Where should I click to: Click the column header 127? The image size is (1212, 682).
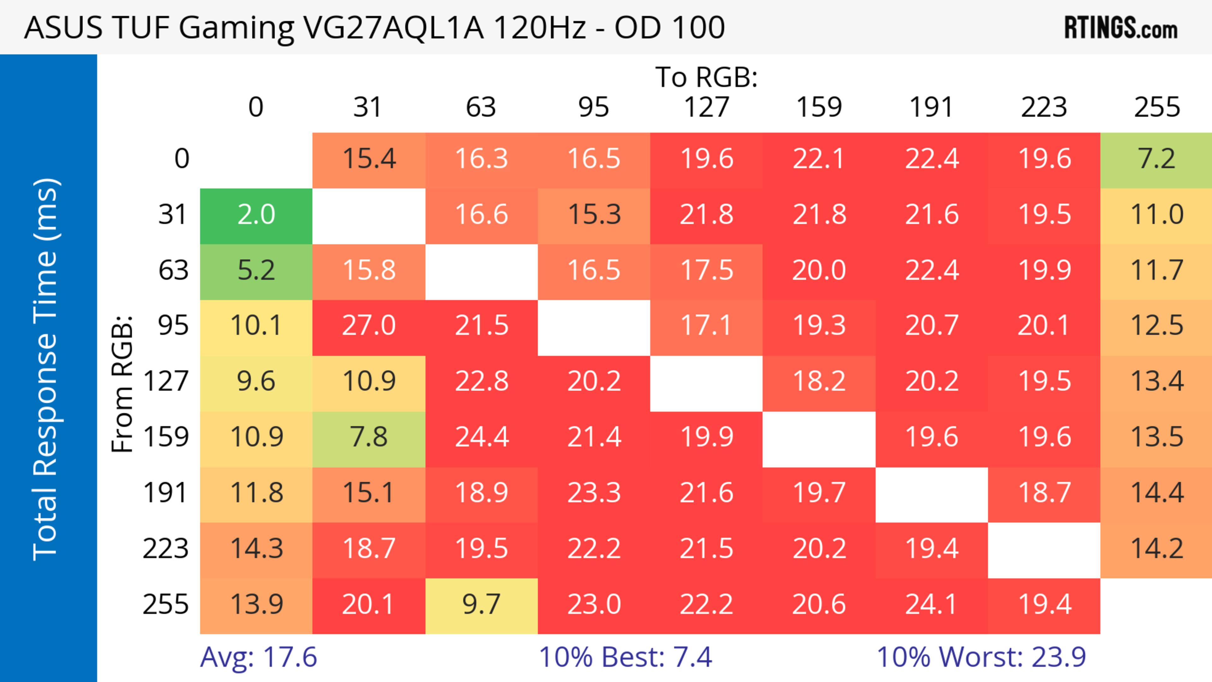pyautogui.click(x=706, y=107)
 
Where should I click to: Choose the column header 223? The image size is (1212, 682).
pyautogui.click(x=1043, y=107)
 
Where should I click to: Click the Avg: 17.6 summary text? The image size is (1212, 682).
pyautogui.click(x=258, y=657)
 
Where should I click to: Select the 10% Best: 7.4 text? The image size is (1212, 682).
pyautogui.click(x=625, y=657)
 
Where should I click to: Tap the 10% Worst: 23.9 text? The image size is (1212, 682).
pyautogui.click(x=981, y=657)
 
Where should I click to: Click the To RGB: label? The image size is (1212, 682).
pyautogui.click(x=706, y=77)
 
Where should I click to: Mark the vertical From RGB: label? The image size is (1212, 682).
pyautogui.click(x=122, y=383)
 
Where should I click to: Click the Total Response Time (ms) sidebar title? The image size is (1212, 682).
pyautogui.click(x=46, y=369)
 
